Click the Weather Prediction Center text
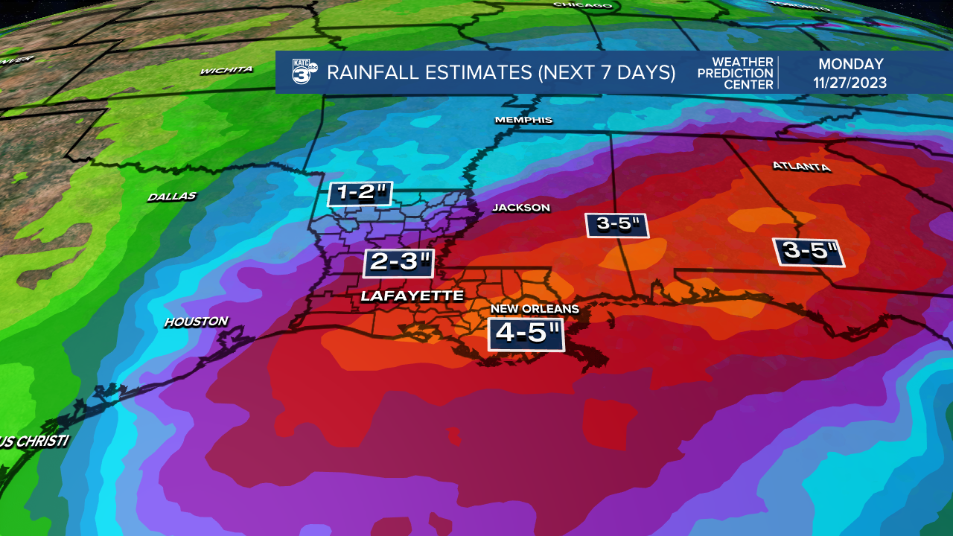(736, 73)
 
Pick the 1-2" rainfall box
(360, 194)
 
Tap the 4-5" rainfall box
(526, 334)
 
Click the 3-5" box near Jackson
(617, 225)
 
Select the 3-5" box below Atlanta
(809, 252)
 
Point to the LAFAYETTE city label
(412, 296)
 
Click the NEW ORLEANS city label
(534, 309)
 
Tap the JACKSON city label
(521, 208)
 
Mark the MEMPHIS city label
(524, 120)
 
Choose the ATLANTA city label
(801, 166)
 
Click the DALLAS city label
(171, 197)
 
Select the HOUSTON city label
(196, 322)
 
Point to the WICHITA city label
(226, 70)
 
